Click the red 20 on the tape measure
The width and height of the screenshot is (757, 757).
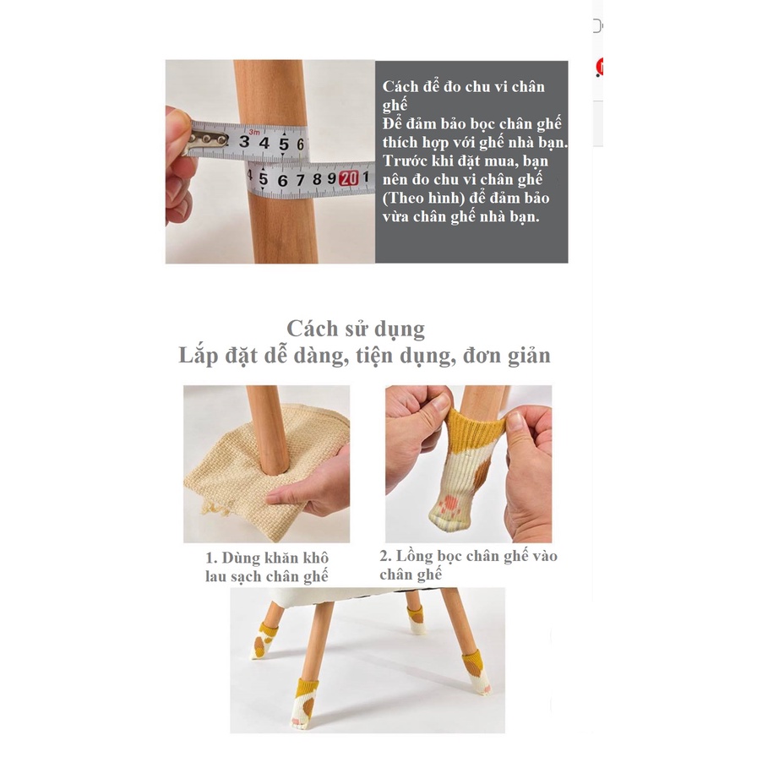(349, 179)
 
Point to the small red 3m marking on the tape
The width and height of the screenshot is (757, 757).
(254, 132)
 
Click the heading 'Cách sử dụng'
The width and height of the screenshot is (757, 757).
(356, 329)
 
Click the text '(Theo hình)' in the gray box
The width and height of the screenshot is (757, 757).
(422, 199)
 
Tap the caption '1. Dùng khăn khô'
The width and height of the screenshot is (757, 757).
(267, 558)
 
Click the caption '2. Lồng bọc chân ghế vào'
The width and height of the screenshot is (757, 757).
(468, 556)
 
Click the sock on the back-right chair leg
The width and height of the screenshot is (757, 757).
(417, 621)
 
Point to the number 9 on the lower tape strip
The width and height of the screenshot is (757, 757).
(332, 179)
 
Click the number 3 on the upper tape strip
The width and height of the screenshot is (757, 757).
(244, 141)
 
